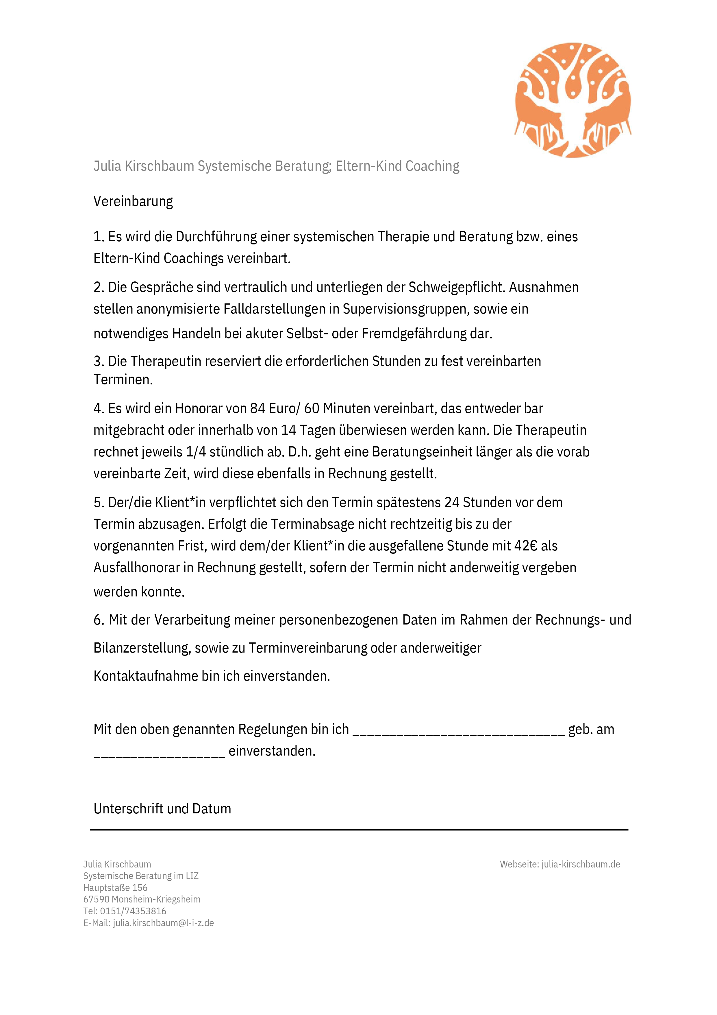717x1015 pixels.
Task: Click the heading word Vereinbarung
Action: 133,202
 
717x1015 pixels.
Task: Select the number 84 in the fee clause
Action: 257,408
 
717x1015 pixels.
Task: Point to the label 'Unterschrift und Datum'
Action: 162,808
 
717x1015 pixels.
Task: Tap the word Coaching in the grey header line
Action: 433,166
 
